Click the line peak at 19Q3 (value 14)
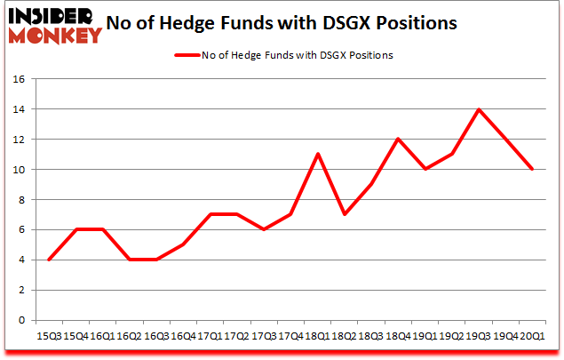(x=478, y=109)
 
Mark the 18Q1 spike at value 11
(x=317, y=155)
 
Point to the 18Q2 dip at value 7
(x=344, y=214)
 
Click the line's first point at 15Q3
(x=48, y=260)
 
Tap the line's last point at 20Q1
(x=531, y=170)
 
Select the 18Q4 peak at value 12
(x=398, y=140)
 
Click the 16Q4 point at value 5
(x=182, y=244)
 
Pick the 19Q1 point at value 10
(x=425, y=170)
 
